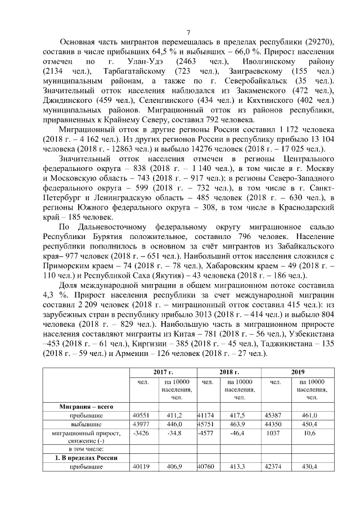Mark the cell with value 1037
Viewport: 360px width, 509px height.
click(276, 434)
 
